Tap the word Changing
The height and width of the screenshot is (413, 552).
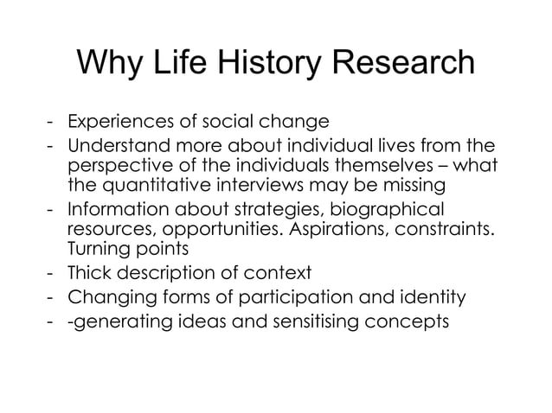click(107, 298)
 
